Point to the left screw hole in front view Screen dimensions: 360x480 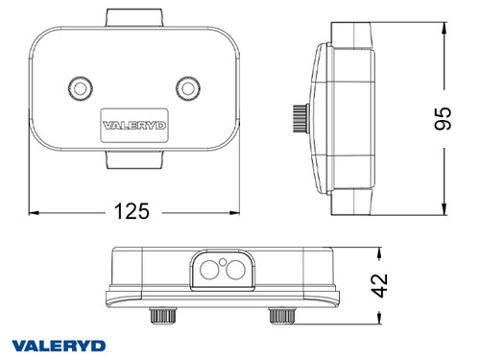(x=79, y=88)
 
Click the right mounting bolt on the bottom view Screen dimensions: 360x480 (x=280, y=315)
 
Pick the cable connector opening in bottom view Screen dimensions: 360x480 (x=228, y=271)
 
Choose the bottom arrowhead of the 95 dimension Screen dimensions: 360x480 (x=444, y=210)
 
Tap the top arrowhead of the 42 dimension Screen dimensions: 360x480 (x=382, y=252)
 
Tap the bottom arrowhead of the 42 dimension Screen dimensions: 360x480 (x=382, y=319)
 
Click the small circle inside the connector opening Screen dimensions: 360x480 (x=223, y=262)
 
